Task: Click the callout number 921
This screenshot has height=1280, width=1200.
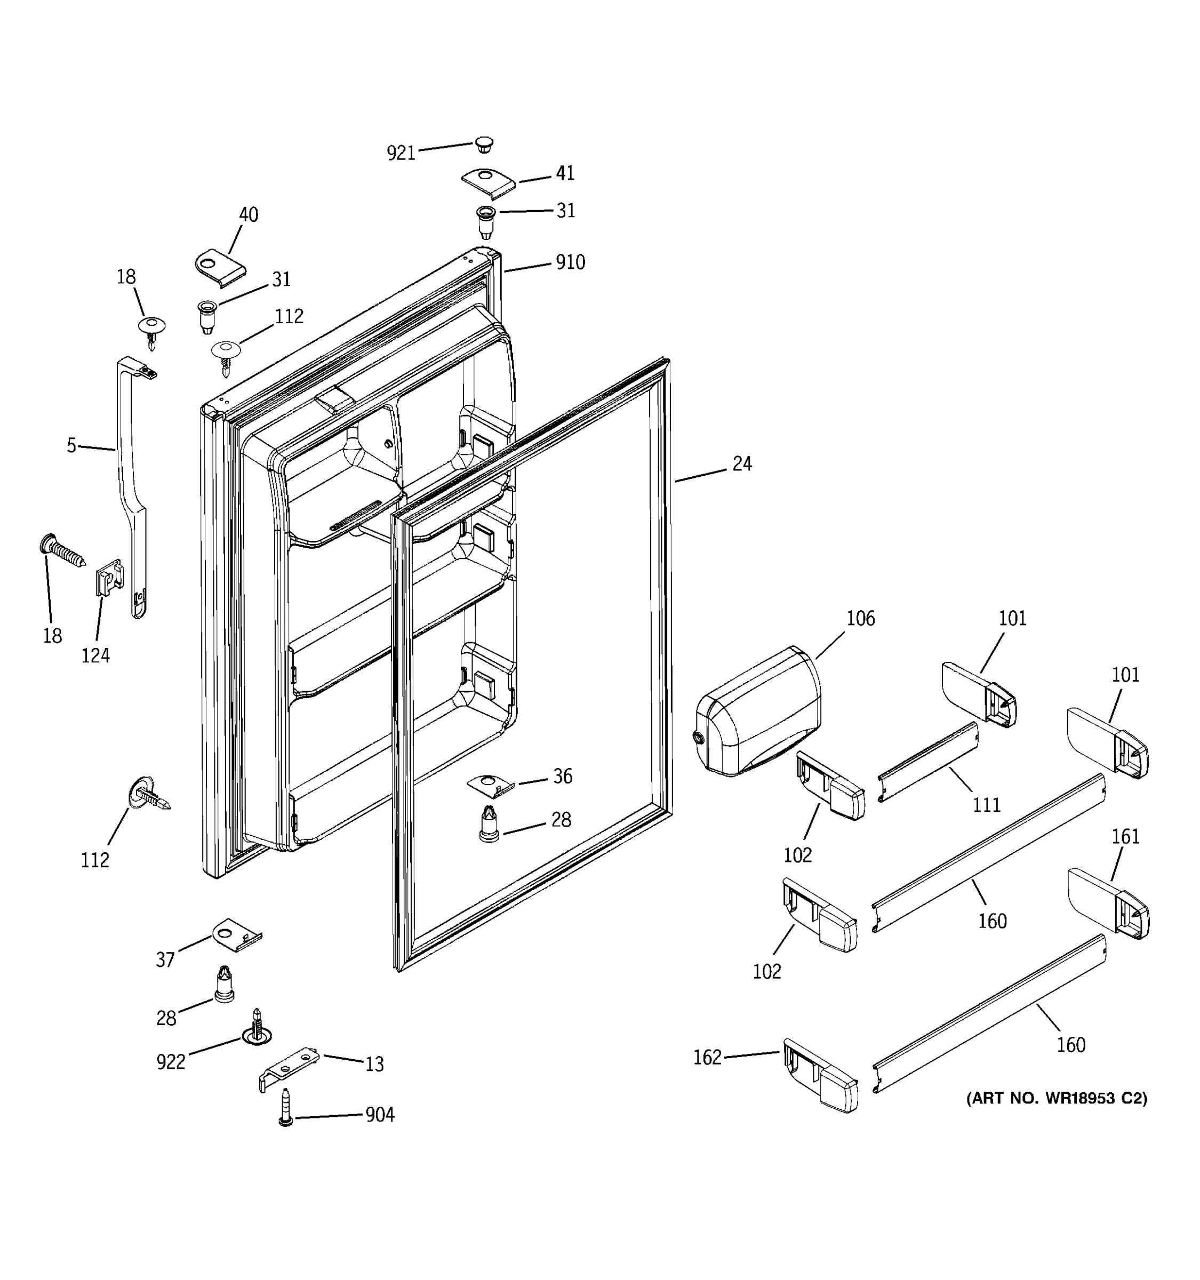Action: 401,153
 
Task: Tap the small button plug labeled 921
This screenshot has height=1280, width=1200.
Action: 484,144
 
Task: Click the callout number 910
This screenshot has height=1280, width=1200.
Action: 570,262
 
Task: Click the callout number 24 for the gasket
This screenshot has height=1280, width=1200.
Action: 742,463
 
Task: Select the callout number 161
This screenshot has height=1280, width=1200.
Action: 1125,836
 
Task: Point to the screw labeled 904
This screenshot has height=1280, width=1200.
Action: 286,1107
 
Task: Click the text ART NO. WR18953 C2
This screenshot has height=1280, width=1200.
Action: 1057,1098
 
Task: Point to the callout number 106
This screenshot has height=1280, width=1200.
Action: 860,619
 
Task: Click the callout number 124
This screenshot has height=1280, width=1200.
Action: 95,655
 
